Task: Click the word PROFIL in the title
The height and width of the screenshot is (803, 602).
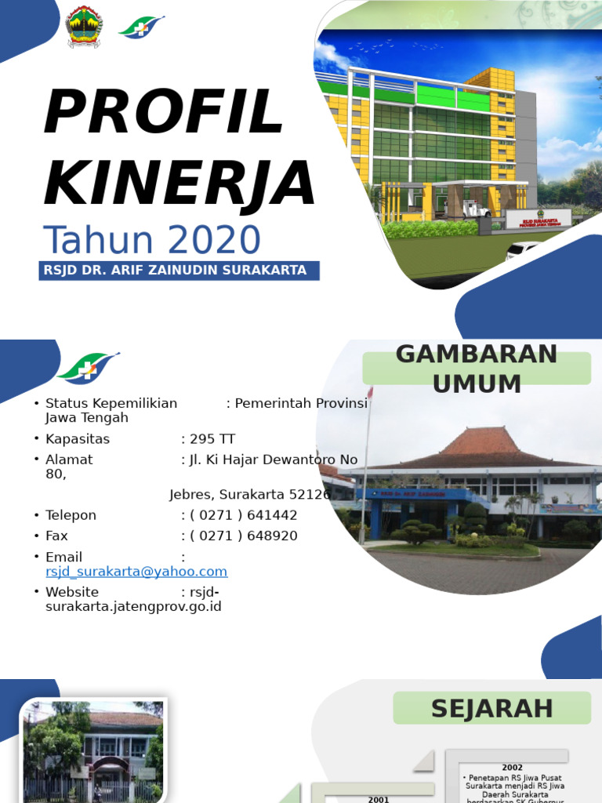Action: point(163,112)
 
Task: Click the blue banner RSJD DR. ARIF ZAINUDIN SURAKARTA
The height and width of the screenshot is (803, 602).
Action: point(179,271)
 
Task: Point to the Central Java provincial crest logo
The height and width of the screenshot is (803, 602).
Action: point(84,27)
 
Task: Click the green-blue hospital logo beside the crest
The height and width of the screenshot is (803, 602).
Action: point(141,27)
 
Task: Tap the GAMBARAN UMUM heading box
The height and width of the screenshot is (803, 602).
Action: point(477,369)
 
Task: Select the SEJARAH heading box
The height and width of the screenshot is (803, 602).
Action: point(491,708)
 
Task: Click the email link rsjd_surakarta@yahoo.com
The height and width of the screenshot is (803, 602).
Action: point(136,572)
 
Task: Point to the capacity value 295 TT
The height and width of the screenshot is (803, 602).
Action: point(212,439)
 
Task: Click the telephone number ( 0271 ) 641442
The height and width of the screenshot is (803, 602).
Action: point(243,515)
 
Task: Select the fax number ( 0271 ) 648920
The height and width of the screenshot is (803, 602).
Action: point(243,536)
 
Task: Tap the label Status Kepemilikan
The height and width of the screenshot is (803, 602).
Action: point(111,403)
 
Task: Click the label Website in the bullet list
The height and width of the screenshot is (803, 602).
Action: point(72,592)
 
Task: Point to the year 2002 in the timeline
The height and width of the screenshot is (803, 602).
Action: point(513,768)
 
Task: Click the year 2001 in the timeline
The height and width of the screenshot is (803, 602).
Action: point(379,799)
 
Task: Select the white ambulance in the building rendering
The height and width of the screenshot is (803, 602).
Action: point(473,208)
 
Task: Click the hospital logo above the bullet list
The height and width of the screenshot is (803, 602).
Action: point(88,367)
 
